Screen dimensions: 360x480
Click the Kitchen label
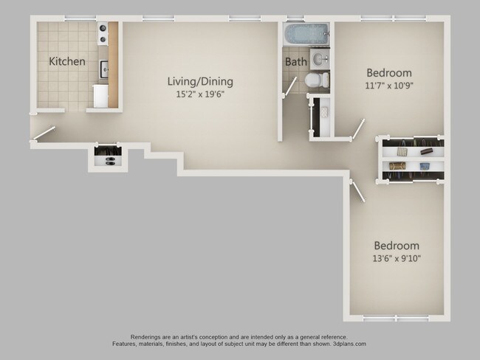67,61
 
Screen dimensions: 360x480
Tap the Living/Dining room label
195,81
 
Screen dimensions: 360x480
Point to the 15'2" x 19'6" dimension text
195,94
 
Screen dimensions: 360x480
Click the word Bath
295,62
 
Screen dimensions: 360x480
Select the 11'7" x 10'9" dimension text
389,86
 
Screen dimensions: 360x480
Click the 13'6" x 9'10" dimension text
397,258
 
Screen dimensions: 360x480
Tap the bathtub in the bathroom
305,34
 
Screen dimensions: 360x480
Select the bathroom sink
320,58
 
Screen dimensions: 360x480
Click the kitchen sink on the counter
104,69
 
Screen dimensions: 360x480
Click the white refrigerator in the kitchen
100,96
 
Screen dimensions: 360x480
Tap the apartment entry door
44,134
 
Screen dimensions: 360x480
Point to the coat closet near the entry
108,156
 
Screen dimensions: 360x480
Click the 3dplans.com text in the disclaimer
343,344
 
